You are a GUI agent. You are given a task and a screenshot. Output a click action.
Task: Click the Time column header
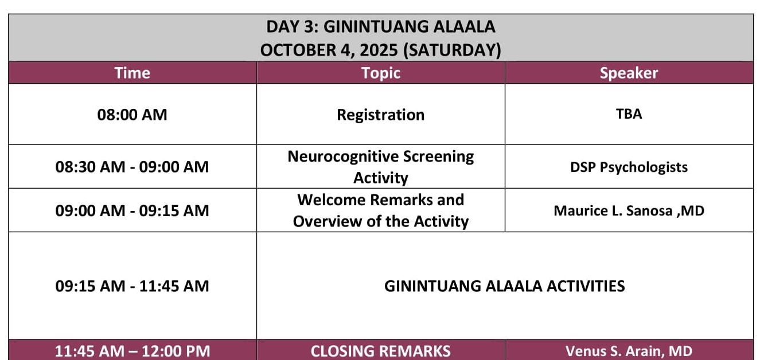(132, 73)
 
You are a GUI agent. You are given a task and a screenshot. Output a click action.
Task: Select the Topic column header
(381, 73)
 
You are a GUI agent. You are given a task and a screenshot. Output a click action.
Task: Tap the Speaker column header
(629, 73)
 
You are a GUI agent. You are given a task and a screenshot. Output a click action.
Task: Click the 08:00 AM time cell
(132, 115)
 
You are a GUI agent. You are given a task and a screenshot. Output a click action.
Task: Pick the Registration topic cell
(381, 115)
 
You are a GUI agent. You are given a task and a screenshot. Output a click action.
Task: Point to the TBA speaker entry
(629, 114)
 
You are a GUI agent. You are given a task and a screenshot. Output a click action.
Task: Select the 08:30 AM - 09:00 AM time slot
(132, 167)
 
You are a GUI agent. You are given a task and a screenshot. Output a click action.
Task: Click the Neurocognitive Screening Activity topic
(381, 167)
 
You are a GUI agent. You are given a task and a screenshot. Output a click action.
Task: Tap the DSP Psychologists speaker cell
(629, 167)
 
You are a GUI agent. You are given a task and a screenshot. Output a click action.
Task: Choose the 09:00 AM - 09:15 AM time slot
(132, 210)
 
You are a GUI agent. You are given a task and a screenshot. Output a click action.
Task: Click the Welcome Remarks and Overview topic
(381, 210)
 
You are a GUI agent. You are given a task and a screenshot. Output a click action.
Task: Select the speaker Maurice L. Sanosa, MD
(629, 210)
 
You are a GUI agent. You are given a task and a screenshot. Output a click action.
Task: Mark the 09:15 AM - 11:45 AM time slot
(132, 285)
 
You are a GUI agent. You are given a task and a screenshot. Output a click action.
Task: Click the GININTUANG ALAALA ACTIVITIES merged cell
(505, 285)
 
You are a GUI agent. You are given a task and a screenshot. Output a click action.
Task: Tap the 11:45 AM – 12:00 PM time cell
(132, 351)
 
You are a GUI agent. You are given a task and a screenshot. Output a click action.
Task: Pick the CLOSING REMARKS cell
(381, 351)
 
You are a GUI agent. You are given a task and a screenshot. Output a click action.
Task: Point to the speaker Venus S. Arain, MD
(629, 351)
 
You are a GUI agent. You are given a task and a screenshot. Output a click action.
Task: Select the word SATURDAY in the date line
(452, 50)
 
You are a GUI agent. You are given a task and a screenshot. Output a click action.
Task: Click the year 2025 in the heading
(379, 50)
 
